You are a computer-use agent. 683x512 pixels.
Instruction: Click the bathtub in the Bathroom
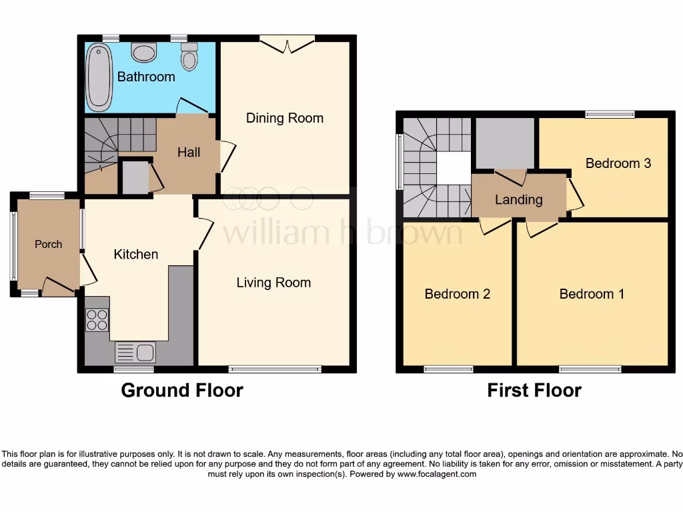(x=99, y=77)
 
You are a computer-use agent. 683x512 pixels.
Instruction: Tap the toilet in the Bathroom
(x=189, y=57)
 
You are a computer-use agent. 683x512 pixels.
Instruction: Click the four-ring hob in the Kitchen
(x=97, y=320)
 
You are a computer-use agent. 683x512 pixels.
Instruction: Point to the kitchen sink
(x=135, y=352)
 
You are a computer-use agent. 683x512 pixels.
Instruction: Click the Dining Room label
(x=285, y=118)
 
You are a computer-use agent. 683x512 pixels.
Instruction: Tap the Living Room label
(x=273, y=283)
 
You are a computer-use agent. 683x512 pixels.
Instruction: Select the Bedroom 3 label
(x=618, y=163)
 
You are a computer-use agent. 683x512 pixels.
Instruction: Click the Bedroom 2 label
(x=458, y=294)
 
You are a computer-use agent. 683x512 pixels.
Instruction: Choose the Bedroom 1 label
(x=592, y=294)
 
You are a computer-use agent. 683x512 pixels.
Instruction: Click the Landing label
(x=518, y=199)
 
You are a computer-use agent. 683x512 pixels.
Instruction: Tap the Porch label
(x=48, y=245)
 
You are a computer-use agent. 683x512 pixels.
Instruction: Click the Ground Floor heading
(x=181, y=390)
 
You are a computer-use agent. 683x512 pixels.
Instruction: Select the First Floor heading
(x=534, y=390)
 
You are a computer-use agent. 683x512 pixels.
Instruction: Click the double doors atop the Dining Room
(x=287, y=44)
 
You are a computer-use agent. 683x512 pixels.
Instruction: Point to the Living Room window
(x=275, y=369)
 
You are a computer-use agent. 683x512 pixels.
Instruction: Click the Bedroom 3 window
(x=610, y=115)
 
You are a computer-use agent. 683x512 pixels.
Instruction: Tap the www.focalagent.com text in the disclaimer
(x=437, y=475)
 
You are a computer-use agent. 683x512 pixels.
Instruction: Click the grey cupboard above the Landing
(x=504, y=143)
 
